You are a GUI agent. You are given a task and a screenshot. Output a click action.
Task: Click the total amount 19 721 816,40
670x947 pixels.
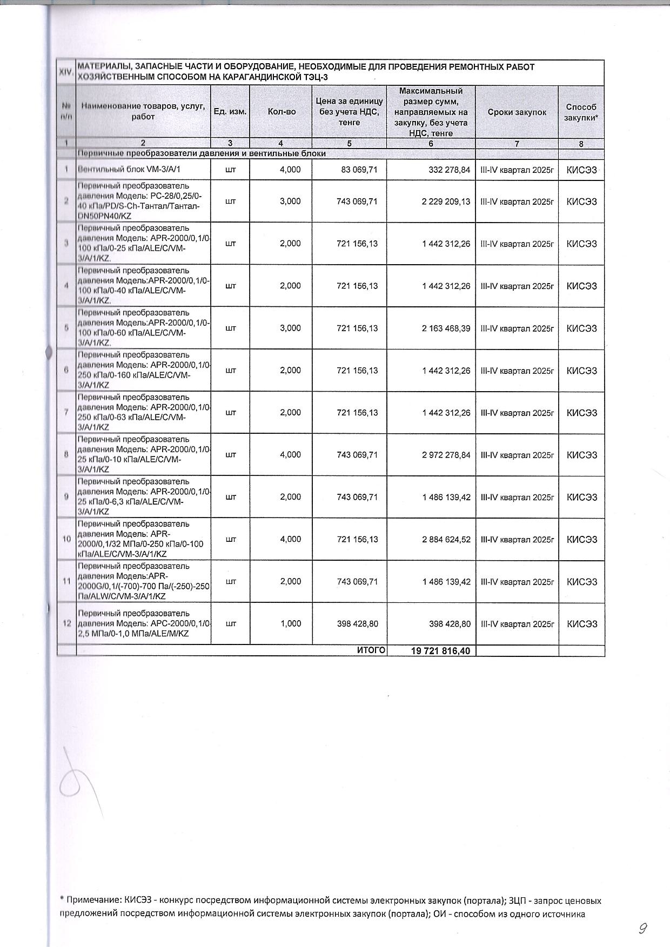tap(441, 651)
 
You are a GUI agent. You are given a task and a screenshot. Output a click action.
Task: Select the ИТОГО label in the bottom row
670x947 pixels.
tap(371, 650)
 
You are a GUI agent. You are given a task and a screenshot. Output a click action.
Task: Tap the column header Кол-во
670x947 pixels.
tap(282, 112)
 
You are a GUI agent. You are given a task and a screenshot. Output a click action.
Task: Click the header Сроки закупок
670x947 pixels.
tap(517, 112)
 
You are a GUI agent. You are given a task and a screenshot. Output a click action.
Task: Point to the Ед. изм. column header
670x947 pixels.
tap(230, 112)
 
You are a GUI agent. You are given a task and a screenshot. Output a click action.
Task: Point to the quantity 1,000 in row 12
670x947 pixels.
tap(291, 623)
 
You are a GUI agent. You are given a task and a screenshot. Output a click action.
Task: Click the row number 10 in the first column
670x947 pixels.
tap(66, 539)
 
